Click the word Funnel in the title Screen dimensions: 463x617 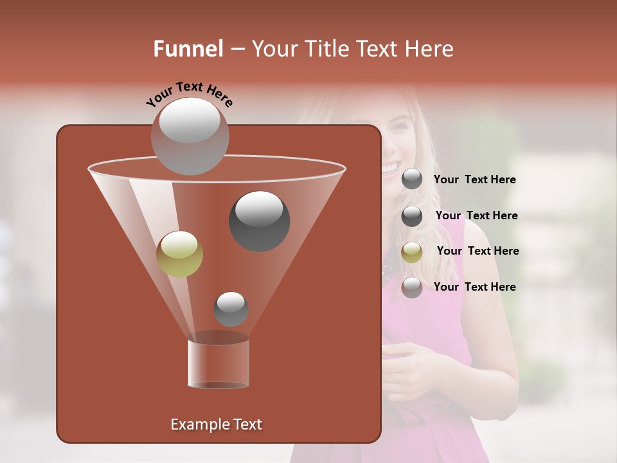[x=188, y=49]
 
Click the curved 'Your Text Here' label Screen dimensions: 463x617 [x=190, y=94]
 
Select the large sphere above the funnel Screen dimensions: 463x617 [x=190, y=136]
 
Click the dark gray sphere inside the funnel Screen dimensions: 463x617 [x=259, y=221]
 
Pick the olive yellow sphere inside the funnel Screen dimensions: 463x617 [x=180, y=254]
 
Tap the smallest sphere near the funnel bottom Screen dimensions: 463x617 [x=231, y=309]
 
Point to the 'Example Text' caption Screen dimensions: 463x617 [x=217, y=424]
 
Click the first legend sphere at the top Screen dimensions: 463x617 [x=412, y=179]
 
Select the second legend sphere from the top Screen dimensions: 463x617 [x=412, y=216]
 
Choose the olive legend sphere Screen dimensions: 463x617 [x=412, y=252]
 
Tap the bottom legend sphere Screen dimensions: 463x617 [x=412, y=287]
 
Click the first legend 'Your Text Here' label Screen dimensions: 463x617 [x=475, y=180]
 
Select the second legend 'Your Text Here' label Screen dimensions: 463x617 [x=476, y=215]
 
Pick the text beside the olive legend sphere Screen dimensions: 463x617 [x=478, y=251]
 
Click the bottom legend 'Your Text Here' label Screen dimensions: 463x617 [x=475, y=287]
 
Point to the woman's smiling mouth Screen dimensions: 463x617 [x=389, y=168]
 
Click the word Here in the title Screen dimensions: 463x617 [x=429, y=49]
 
